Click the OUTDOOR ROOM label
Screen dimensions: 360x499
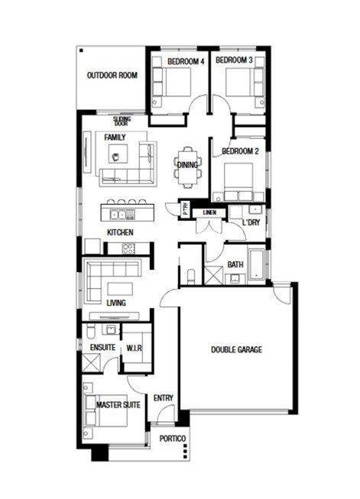point(112,76)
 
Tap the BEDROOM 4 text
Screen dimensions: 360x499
point(186,61)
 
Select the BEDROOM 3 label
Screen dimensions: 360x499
point(235,60)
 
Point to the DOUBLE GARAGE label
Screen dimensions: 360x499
point(236,349)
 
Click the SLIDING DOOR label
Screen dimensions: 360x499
point(122,122)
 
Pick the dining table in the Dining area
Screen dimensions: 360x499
point(188,167)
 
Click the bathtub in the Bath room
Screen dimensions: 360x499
point(256,264)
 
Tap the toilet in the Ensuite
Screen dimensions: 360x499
point(89,332)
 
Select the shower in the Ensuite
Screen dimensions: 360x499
point(92,362)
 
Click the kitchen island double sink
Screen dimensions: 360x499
point(118,215)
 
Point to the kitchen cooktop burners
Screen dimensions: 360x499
point(128,248)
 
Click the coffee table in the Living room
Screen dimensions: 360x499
point(120,289)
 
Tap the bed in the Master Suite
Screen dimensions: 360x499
point(107,410)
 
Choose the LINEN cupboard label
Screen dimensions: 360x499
point(209,212)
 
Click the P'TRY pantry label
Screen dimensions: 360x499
point(186,209)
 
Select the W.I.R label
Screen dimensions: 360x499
point(134,348)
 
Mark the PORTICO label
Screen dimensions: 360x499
point(172,439)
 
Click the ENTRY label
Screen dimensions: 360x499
point(164,398)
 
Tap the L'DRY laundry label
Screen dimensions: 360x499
point(251,222)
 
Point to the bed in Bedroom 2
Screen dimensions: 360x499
point(238,182)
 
